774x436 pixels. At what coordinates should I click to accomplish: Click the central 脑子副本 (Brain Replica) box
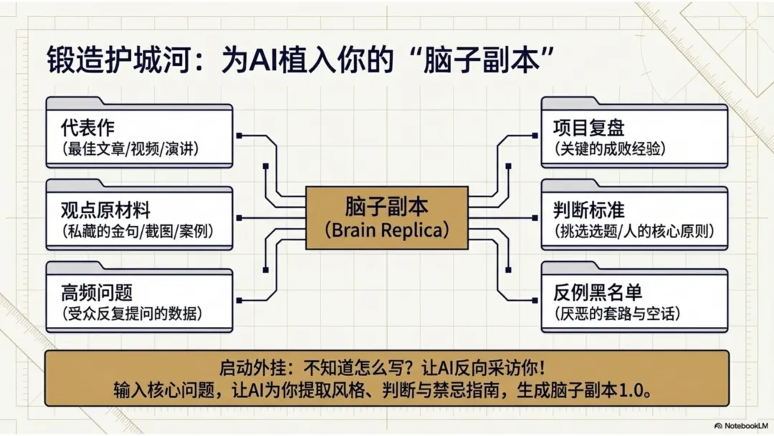pyautogui.click(x=387, y=218)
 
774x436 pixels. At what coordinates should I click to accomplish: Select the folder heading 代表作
pyautogui.click(x=88, y=128)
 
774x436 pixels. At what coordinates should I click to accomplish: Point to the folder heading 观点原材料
pyautogui.click(x=106, y=210)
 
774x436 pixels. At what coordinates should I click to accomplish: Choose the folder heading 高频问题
pyautogui.click(x=97, y=293)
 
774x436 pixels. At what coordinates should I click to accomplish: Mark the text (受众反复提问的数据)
pyautogui.click(x=132, y=313)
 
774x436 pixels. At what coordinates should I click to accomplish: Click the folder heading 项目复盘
pyautogui.click(x=589, y=128)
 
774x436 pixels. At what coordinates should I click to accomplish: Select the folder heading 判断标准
pyautogui.click(x=589, y=210)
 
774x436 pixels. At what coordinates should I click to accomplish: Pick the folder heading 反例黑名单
pyautogui.click(x=598, y=293)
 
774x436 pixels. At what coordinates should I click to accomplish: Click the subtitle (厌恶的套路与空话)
pyautogui.click(x=617, y=313)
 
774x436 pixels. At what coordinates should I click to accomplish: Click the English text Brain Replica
pyautogui.click(x=387, y=230)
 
